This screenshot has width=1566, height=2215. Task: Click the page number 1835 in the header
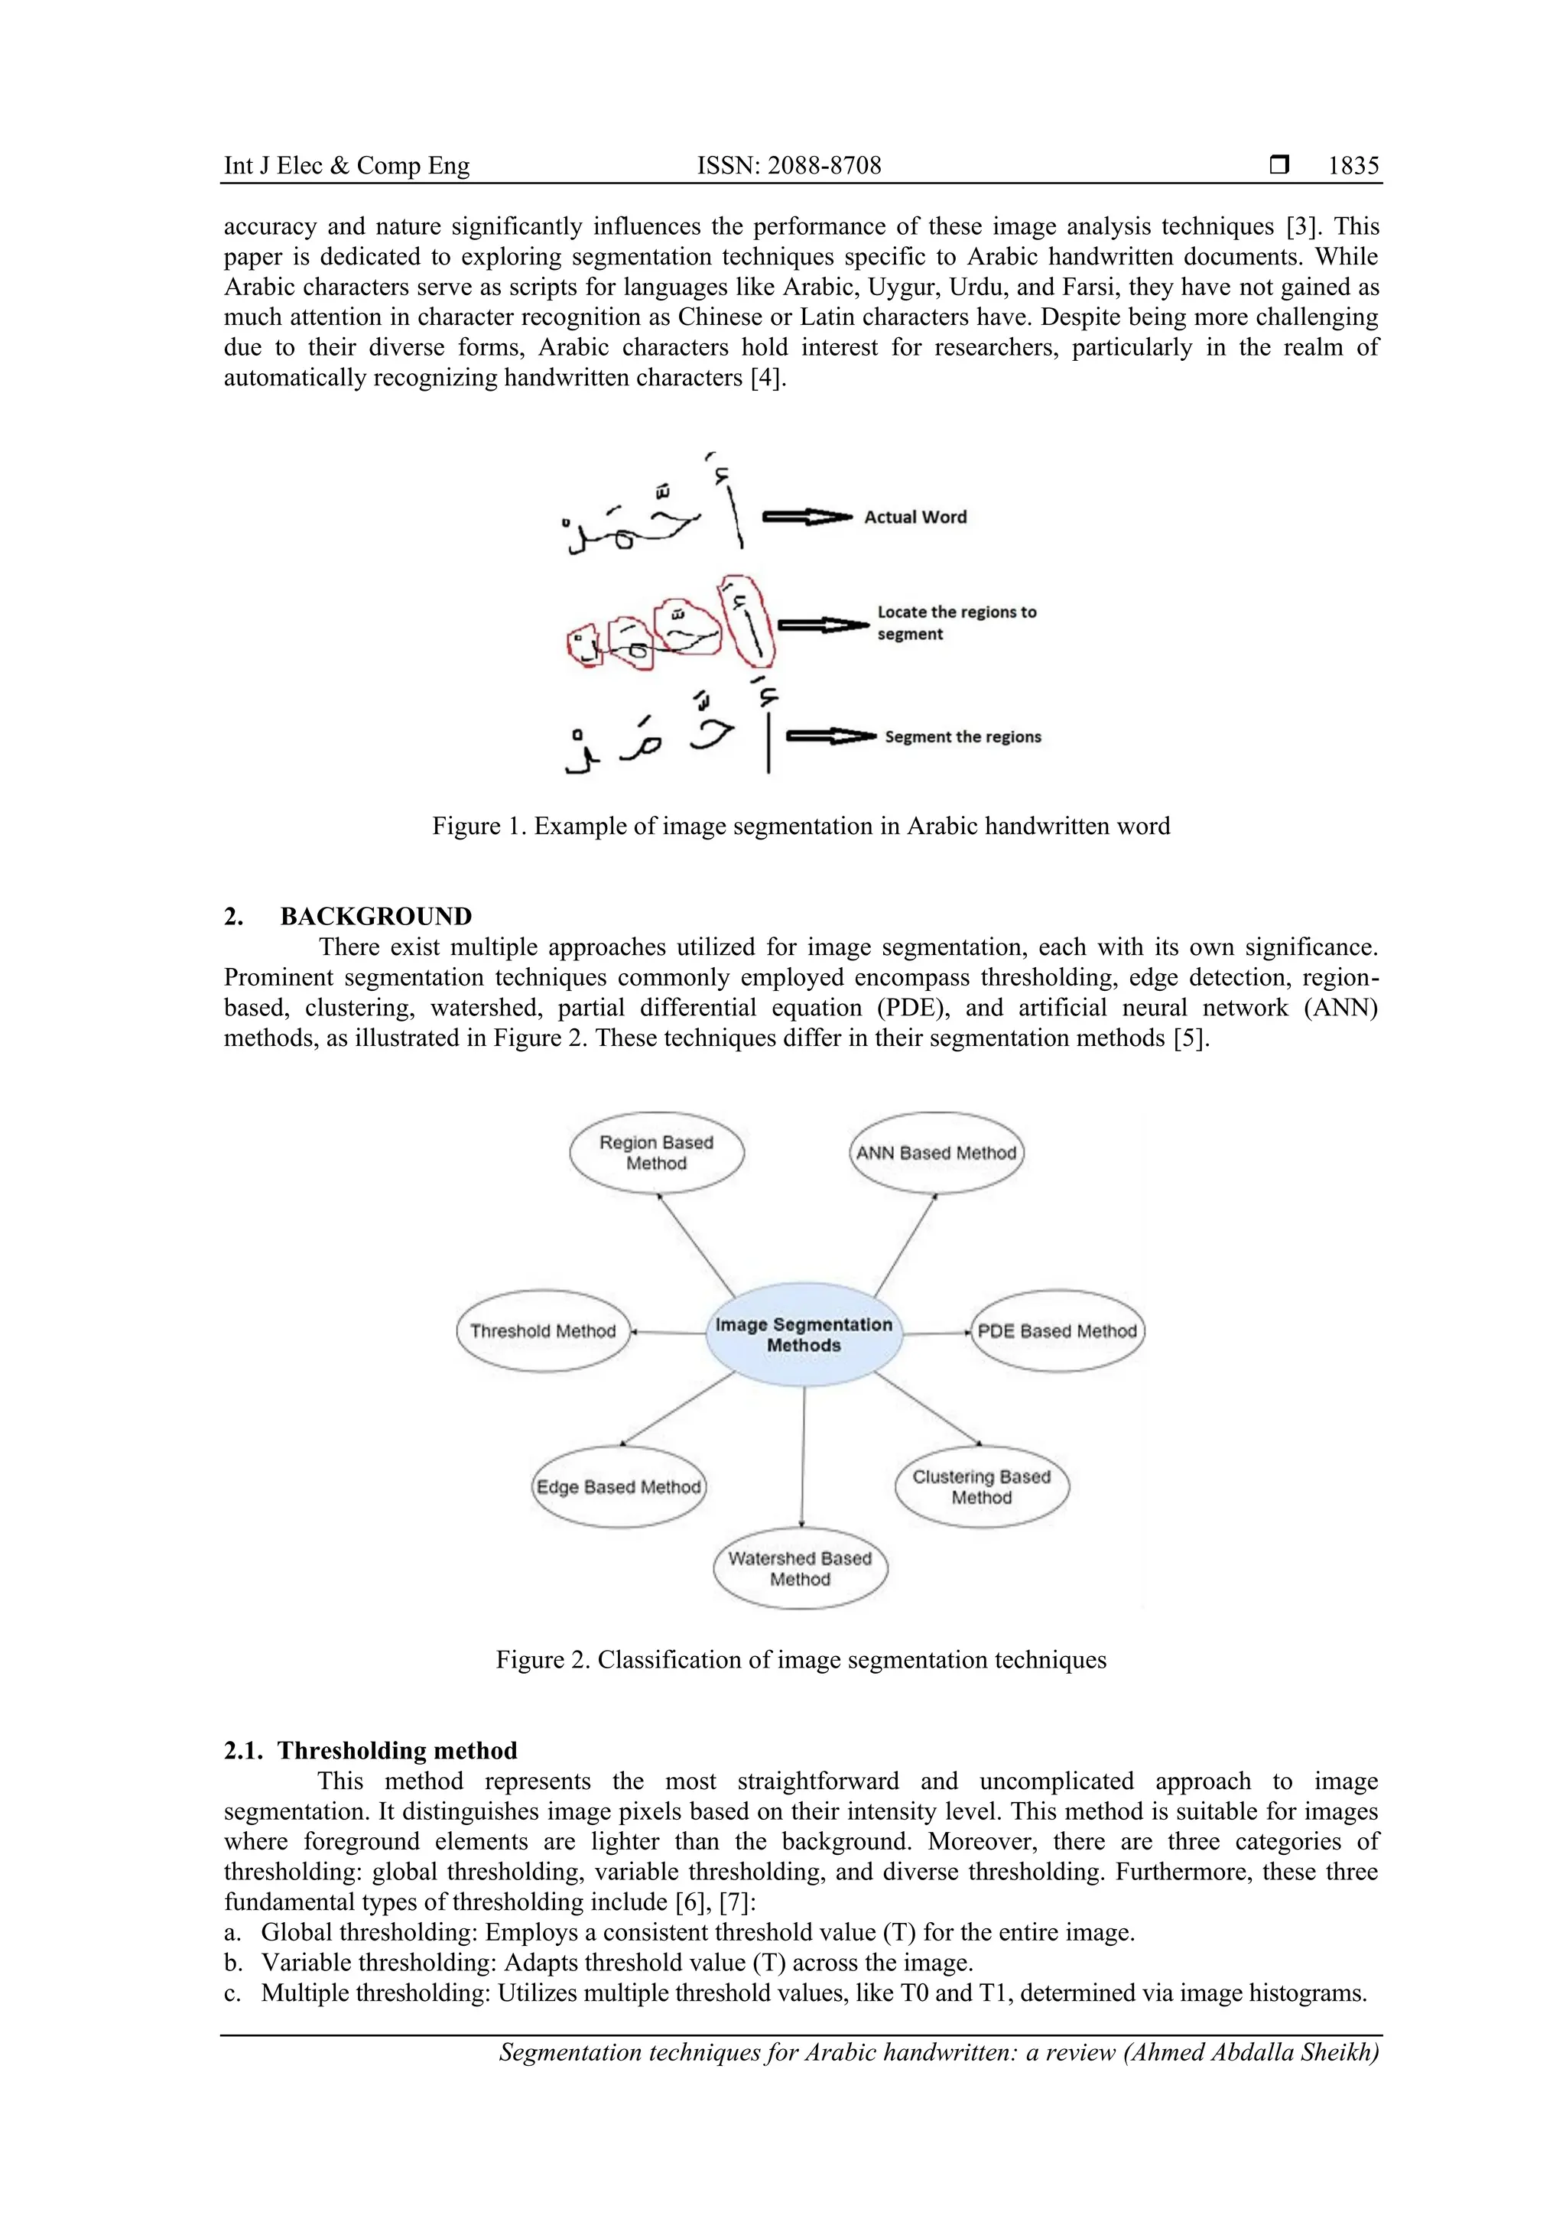point(1353,166)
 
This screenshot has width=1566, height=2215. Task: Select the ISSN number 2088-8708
point(789,166)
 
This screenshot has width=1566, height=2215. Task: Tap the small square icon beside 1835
point(1278,165)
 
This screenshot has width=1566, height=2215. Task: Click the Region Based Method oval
point(656,1153)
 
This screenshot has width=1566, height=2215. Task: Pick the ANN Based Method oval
point(936,1153)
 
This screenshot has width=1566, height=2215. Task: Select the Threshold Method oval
point(542,1331)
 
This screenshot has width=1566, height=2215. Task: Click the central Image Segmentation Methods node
point(804,1335)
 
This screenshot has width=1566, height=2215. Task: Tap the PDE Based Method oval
point(1057,1331)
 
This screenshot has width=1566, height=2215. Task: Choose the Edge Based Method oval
point(619,1486)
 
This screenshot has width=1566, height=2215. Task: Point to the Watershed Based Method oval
point(800,1569)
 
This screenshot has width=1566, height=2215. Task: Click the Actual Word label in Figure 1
point(915,517)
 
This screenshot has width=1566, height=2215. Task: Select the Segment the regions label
point(963,737)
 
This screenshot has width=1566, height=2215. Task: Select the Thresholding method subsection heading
point(398,1750)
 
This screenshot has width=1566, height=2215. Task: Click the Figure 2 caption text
point(801,1659)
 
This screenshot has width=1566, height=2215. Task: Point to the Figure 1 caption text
point(801,826)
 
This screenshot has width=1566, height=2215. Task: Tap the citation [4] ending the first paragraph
point(768,377)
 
